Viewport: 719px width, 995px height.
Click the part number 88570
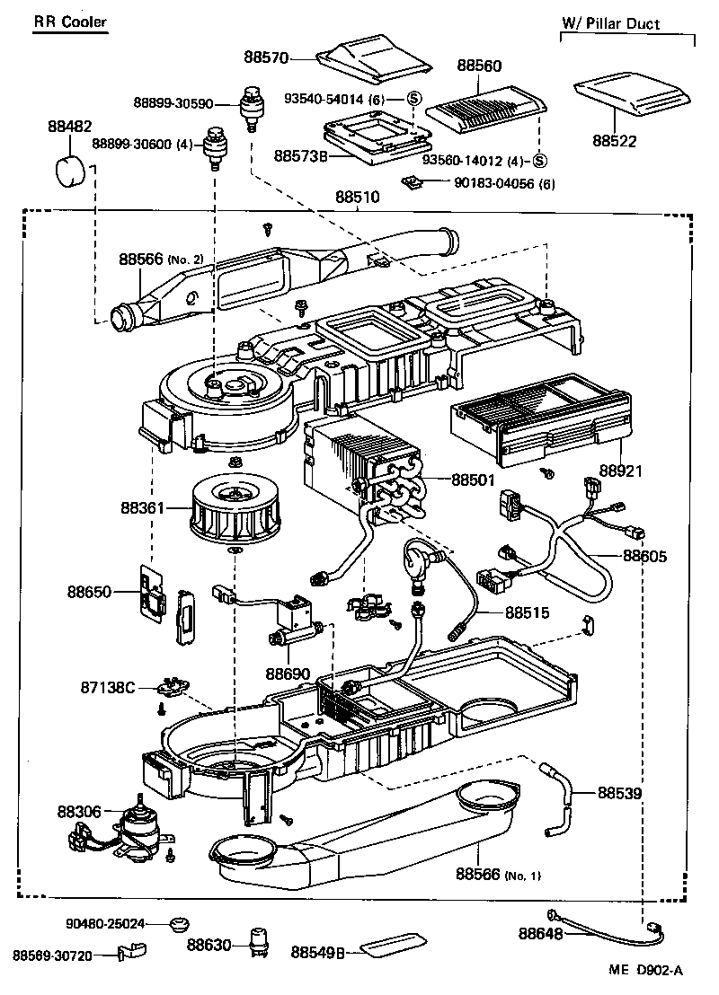pyautogui.click(x=265, y=57)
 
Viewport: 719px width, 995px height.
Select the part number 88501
pyautogui.click(x=473, y=480)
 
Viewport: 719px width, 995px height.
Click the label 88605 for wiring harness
pyautogui.click(x=645, y=556)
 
